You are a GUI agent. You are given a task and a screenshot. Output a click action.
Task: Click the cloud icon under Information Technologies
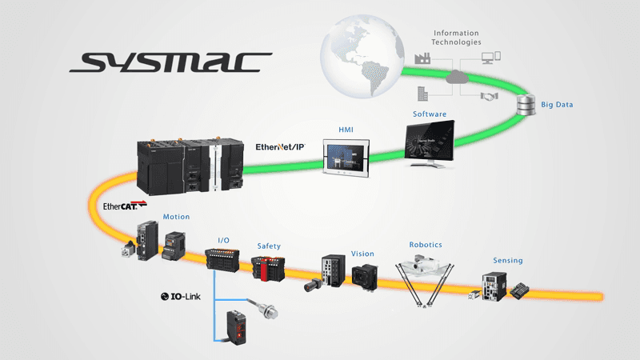click(x=458, y=77)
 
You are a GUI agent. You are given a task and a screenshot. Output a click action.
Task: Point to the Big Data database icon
click(x=526, y=105)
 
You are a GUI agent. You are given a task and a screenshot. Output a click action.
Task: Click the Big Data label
click(x=557, y=105)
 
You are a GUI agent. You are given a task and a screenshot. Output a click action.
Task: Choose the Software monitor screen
click(x=427, y=142)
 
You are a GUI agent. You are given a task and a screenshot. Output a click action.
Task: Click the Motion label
click(x=176, y=217)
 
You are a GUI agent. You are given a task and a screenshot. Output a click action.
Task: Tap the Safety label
click(x=268, y=246)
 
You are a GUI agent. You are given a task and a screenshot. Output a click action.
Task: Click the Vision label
click(x=362, y=254)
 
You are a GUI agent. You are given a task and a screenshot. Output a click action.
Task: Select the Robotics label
click(x=426, y=245)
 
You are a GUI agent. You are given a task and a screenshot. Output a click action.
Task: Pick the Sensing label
click(x=508, y=261)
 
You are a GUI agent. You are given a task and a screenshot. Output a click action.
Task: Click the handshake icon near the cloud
click(x=488, y=96)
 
